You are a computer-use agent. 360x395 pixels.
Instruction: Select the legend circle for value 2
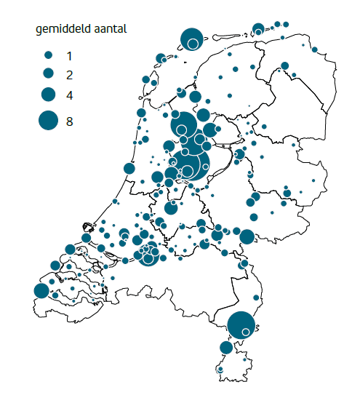pyautogui.click(x=48, y=73)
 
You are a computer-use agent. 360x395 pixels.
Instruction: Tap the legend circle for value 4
pyautogui.click(x=48, y=95)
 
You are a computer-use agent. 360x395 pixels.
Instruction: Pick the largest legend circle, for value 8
pyautogui.click(x=48, y=121)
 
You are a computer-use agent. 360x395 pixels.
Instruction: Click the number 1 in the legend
pyautogui.click(x=69, y=55)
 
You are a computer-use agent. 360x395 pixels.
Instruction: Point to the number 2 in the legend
pyautogui.click(x=69, y=74)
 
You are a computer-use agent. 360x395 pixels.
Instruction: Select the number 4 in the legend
pyautogui.click(x=69, y=95)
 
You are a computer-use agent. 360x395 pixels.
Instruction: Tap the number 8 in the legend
pyautogui.click(x=69, y=121)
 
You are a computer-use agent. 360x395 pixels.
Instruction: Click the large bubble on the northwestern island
pyautogui.click(x=191, y=39)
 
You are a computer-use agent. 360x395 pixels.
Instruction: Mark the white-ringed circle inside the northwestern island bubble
pyautogui.click(x=193, y=44)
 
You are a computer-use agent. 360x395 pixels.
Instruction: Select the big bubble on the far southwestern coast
pyautogui.click(x=41, y=291)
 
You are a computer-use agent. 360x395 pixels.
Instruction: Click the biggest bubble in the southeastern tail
pyautogui.click(x=241, y=324)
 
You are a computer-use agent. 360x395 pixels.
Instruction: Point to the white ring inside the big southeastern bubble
pyautogui.click(x=247, y=332)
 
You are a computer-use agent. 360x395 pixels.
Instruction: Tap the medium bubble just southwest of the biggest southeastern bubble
pyautogui.click(x=227, y=348)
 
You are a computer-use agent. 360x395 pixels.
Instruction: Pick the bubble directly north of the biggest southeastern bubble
pyautogui.click(x=255, y=298)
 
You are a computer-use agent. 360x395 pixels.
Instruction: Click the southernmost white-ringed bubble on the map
pyautogui.click(x=220, y=371)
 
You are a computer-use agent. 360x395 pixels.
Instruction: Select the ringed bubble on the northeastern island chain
pyautogui.click(x=258, y=29)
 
